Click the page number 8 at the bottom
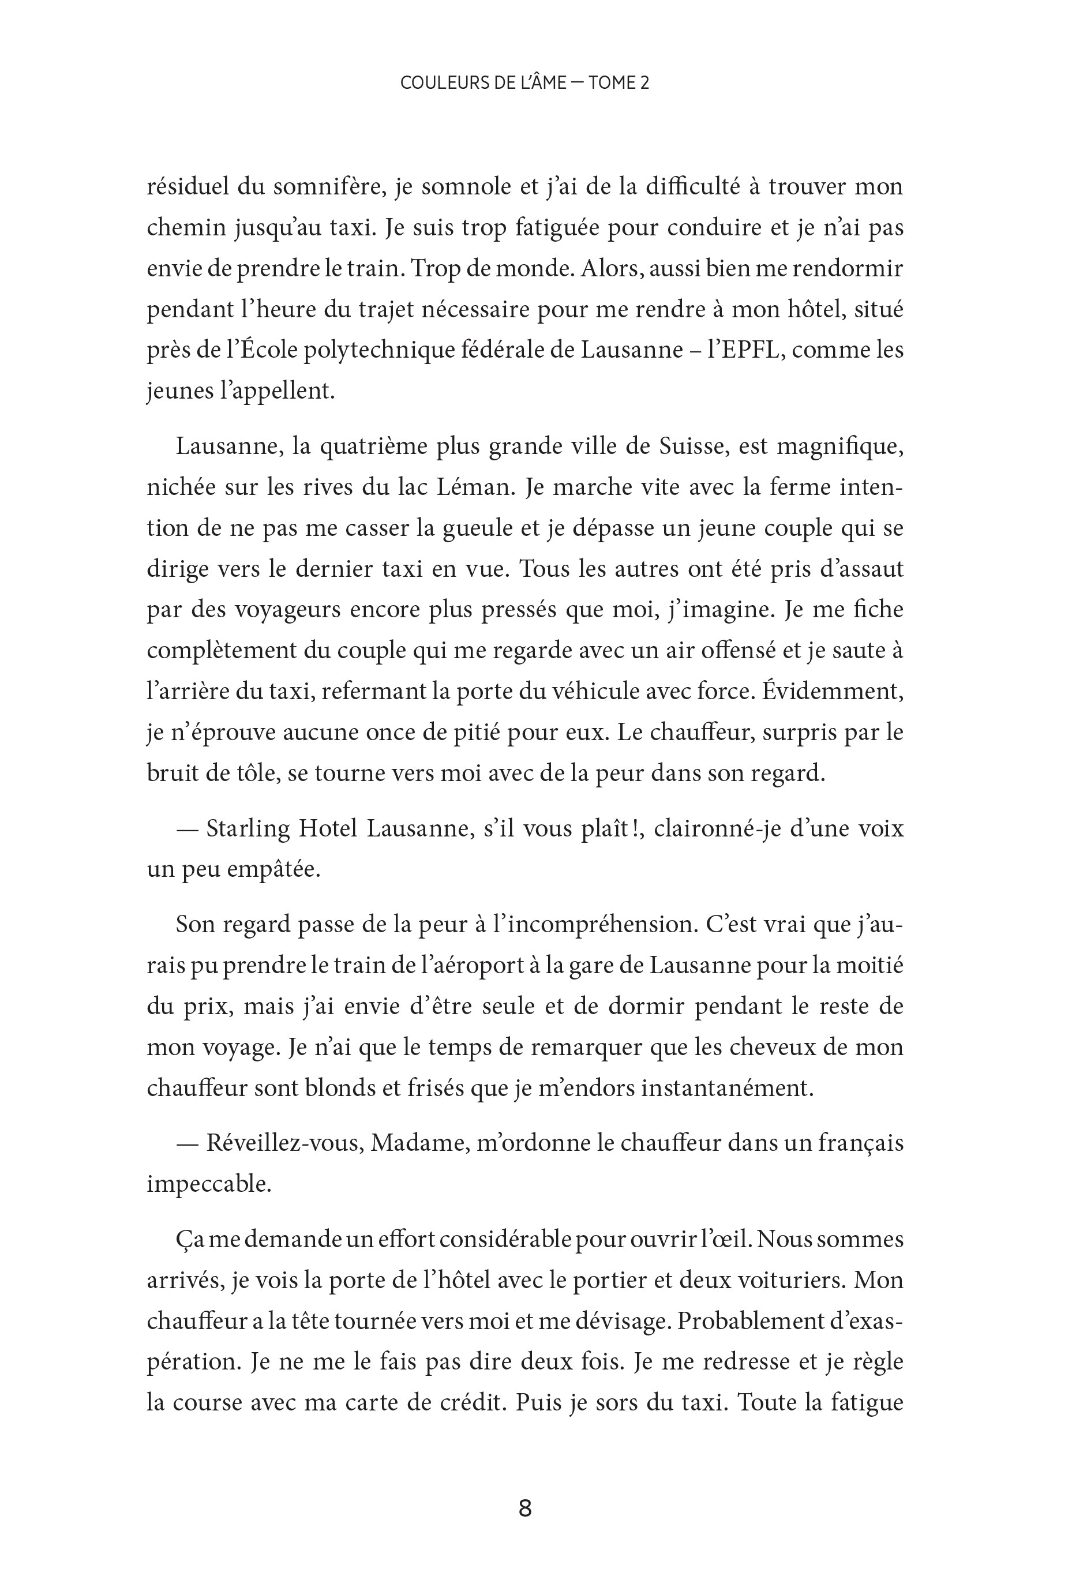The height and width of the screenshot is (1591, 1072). coord(525,1507)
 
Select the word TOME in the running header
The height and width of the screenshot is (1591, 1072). coord(610,82)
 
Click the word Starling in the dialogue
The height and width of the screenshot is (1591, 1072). coord(248,828)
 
